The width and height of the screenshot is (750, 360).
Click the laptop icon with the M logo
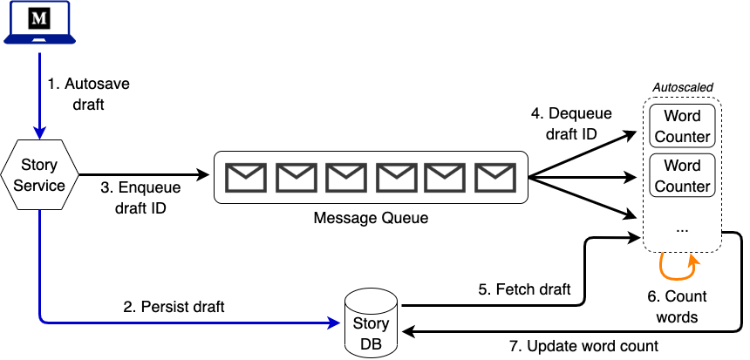tap(40, 23)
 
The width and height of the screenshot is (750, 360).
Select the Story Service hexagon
tap(40, 175)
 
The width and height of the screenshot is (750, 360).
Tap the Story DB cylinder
tap(371, 323)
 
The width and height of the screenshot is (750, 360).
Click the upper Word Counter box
tap(682, 126)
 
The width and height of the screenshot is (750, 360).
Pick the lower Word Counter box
tap(682, 175)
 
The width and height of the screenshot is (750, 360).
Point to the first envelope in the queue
tap(245, 177)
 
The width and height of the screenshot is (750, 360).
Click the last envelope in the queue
tap(495, 177)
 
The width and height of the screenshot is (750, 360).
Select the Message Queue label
tap(371, 218)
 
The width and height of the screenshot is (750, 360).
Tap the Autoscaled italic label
tap(683, 87)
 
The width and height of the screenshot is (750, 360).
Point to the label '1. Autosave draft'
tap(88, 94)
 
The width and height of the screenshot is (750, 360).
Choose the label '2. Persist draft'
tap(174, 307)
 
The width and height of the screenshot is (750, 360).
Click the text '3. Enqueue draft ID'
tap(140, 198)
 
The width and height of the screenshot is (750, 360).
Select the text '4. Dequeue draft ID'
tap(571, 124)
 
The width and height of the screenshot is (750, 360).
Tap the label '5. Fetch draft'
tap(525, 289)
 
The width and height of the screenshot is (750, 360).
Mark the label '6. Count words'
tap(677, 307)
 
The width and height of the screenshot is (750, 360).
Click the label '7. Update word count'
tap(583, 345)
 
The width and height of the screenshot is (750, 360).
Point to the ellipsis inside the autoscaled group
tap(683, 230)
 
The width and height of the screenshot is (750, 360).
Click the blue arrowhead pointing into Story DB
tap(335, 323)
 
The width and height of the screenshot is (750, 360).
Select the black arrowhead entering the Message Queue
tap(203, 175)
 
